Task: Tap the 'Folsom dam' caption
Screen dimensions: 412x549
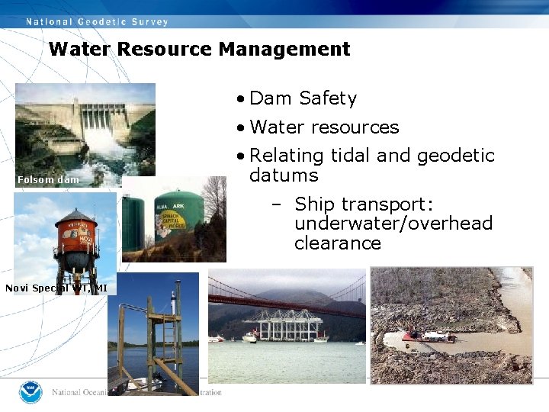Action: [48, 180]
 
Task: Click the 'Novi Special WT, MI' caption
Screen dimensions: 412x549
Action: [56, 288]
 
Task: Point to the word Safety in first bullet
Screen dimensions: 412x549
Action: [328, 98]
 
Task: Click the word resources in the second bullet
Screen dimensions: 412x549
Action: [355, 127]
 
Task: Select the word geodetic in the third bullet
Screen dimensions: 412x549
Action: [455, 156]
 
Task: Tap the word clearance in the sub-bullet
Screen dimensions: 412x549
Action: [337, 243]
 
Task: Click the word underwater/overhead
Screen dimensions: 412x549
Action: [393, 224]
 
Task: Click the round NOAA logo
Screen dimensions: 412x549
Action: [32, 391]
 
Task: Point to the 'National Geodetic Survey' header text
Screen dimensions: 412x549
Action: [97, 21]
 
